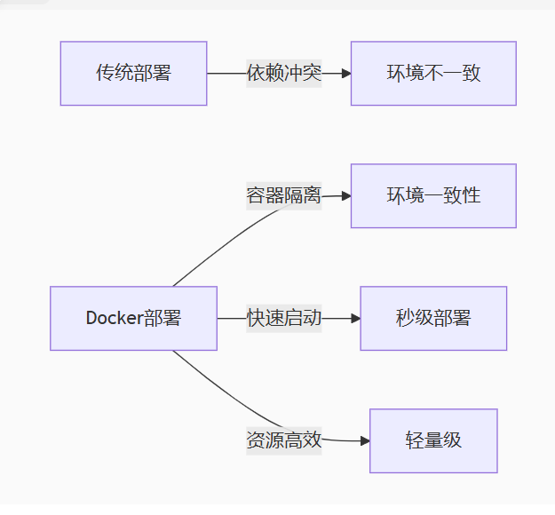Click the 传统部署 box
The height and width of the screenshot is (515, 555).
pyautogui.click(x=133, y=74)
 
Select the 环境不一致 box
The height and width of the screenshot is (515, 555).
pyautogui.click(x=433, y=74)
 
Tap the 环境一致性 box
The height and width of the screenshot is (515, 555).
pyautogui.click(x=433, y=195)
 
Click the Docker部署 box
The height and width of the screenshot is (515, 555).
pyautogui.click(x=133, y=318)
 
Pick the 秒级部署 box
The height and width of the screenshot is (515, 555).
pyautogui.click(x=433, y=318)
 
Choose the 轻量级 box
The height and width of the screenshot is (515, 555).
pyautogui.click(x=433, y=440)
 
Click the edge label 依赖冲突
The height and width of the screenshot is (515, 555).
pyautogui.click(x=283, y=74)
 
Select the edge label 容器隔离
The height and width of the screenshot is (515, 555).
pyautogui.click(x=283, y=195)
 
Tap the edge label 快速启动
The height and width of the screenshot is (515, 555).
pyautogui.click(x=283, y=318)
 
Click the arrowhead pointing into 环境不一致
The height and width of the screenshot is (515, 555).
pyautogui.click(x=345, y=74)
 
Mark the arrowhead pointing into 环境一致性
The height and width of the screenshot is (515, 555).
pyautogui.click(x=345, y=195)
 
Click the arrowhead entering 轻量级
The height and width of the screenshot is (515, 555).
pyautogui.click(x=364, y=440)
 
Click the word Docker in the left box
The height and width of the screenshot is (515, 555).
pyautogui.click(x=114, y=318)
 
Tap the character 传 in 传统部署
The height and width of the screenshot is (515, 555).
pyautogui.click(x=105, y=74)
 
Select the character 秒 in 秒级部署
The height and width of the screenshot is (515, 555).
pyautogui.click(x=405, y=318)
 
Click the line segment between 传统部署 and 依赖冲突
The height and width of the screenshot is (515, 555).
pyautogui.click(x=226, y=74)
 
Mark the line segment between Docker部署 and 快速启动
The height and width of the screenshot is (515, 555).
pyautogui.click(x=231, y=318)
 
